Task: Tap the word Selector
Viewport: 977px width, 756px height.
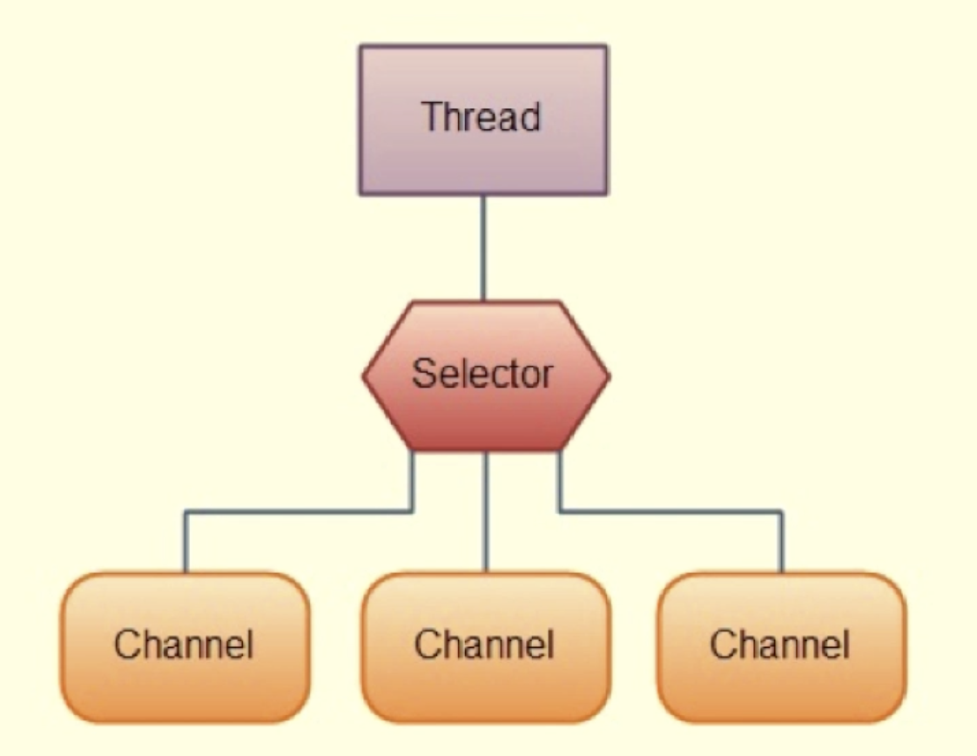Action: pos(482,375)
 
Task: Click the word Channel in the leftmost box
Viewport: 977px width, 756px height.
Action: pos(184,645)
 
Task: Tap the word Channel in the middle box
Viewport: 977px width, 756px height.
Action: pos(483,645)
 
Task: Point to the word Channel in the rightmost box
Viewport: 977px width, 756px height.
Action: pos(779,645)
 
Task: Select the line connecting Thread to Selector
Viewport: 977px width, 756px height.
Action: pos(483,248)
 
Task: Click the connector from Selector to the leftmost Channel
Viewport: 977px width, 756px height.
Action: pos(296,512)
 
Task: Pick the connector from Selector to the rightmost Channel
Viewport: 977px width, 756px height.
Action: pos(670,511)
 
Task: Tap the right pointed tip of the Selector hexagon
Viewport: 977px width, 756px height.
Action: pos(608,376)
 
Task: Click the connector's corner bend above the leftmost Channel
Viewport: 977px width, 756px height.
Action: pos(185,512)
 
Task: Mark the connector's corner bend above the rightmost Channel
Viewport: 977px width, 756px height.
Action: pos(781,511)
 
